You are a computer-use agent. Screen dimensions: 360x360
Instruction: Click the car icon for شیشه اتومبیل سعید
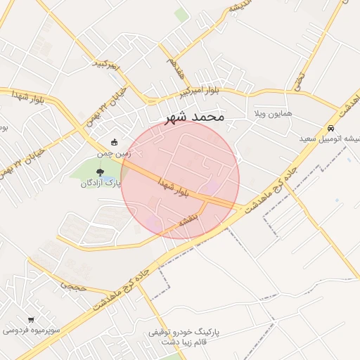330,128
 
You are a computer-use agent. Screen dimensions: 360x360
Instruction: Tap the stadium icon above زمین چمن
115,142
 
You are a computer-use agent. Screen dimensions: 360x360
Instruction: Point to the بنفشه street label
190,220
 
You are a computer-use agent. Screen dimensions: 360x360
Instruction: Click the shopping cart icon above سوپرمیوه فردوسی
30,319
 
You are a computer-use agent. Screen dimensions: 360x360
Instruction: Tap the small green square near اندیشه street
181,14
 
